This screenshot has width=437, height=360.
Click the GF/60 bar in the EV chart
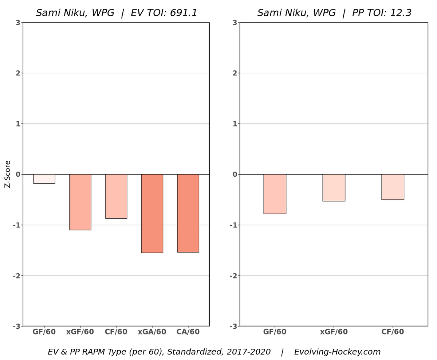44,179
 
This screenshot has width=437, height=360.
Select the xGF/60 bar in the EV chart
80,202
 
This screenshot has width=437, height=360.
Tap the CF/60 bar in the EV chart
116,196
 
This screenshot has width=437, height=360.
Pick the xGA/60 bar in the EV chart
152,213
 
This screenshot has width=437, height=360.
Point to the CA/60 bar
188,213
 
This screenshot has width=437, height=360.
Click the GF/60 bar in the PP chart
275,194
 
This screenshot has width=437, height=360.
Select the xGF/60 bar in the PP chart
334,188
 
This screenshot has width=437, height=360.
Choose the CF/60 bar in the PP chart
393,187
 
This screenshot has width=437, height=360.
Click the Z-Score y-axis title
8,174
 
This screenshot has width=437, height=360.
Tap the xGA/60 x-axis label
152,332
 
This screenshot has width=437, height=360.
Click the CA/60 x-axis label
188,332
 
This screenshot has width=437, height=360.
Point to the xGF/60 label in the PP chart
334,332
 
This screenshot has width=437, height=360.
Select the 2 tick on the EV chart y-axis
17,73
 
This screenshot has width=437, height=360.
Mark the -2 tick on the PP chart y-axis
233,275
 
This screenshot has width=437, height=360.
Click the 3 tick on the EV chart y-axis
17,23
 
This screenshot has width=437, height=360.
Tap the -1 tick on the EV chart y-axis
16,225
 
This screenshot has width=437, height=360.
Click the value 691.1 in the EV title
184,13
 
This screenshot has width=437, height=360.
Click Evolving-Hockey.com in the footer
337,352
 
